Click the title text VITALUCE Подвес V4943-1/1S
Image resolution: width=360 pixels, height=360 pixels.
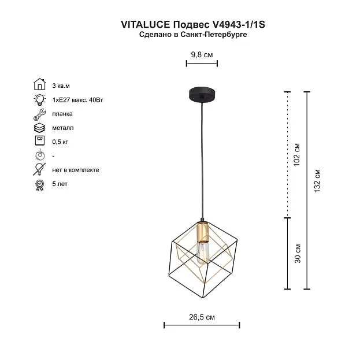coord(193,24)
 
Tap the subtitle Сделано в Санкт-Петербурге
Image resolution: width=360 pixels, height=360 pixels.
coord(193,35)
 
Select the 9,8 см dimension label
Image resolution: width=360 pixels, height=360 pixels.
coord(202,55)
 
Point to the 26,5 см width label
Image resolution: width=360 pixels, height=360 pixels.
coord(202,317)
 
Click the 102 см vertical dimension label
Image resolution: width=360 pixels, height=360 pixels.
coord(297,155)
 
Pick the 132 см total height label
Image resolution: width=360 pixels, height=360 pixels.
coord(317,181)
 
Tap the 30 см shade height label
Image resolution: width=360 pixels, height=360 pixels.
coord(298,254)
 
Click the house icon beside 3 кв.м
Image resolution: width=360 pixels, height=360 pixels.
coord(40,84)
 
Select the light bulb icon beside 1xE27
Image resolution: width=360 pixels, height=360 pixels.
coord(40,99)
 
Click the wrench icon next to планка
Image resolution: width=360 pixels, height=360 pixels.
coord(40,114)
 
